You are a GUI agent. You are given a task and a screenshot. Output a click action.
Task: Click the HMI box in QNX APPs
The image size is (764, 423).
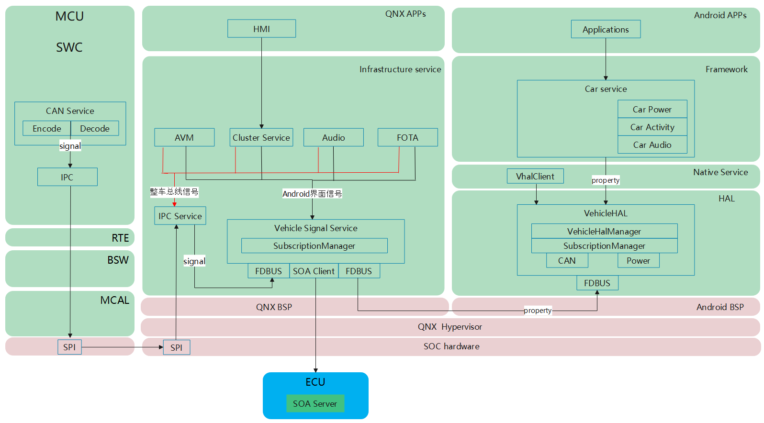tap(261, 29)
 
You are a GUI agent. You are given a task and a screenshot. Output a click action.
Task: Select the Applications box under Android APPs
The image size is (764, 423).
tap(606, 29)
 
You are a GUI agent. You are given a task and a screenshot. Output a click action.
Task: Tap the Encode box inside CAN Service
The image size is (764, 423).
tap(47, 129)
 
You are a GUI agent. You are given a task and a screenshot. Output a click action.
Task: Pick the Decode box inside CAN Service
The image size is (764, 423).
tap(95, 129)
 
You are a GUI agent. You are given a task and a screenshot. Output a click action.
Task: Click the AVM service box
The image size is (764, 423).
tap(184, 137)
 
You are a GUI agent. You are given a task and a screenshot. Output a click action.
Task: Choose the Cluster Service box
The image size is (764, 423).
tap(261, 137)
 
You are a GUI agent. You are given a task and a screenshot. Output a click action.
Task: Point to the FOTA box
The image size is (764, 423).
tap(407, 137)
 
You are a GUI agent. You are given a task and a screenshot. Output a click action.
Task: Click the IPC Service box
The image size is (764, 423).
tap(180, 216)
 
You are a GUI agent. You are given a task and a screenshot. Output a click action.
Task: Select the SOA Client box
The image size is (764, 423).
tap(314, 271)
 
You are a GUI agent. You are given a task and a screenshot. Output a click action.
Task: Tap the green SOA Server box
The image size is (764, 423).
tap(315, 403)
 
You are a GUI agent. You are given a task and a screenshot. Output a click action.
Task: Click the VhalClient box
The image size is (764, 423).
tap(535, 176)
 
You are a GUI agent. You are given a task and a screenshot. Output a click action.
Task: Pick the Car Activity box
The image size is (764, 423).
tap(652, 127)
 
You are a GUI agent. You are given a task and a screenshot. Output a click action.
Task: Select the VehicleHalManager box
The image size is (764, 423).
tap(605, 232)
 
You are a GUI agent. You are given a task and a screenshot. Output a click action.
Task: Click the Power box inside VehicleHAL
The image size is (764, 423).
tap(639, 261)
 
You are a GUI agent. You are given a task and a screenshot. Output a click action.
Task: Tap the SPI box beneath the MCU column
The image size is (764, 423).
tap(69, 347)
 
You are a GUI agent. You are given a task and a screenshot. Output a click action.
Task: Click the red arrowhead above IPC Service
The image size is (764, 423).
tap(175, 204)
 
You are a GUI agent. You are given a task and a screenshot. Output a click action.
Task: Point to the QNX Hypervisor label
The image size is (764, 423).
tap(450, 327)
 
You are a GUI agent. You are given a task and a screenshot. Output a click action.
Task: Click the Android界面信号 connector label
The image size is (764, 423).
tap(312, 194)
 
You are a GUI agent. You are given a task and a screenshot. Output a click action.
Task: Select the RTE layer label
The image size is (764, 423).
tap(121, 238)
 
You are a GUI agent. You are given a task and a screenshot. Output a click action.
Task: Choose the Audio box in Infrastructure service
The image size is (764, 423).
tap(334, 137)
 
